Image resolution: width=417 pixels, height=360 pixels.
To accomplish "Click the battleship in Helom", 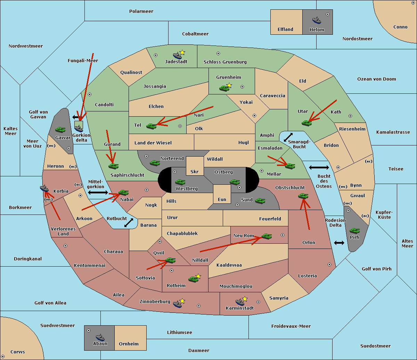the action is point(317,20).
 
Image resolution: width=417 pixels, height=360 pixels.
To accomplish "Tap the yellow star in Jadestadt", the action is point(182,53).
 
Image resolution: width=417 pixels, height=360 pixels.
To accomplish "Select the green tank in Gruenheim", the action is point(224,88).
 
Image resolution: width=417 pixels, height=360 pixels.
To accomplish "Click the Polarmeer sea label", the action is point(141,11).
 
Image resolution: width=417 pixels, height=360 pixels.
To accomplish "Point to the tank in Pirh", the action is point(354,231).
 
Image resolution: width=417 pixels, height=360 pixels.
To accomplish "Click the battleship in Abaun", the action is point(100,337).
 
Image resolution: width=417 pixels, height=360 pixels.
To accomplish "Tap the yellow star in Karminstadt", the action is point(245,299).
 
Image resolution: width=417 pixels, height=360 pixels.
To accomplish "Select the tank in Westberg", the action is point(180,182).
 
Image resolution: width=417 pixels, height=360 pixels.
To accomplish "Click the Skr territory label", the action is point(195,171).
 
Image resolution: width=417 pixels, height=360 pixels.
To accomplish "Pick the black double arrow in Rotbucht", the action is point(129,223).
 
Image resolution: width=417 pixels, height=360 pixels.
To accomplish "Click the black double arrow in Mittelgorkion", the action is point(98,192).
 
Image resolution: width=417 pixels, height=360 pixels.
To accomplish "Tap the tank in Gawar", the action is point(60,129).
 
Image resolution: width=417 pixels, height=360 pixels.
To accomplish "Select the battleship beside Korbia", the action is point(44,189).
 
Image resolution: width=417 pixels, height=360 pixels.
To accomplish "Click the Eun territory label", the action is point(222,199).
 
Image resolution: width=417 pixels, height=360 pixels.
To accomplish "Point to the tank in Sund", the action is point(260,201).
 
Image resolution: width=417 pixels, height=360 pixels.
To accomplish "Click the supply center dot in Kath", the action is point(350,116).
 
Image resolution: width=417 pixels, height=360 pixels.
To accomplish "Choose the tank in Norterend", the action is point(155,163).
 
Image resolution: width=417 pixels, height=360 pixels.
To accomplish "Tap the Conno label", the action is point(400,27).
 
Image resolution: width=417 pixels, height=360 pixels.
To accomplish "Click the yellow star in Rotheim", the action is point(198,276).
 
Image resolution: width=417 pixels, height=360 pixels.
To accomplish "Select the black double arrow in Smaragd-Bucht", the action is point(288,137).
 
